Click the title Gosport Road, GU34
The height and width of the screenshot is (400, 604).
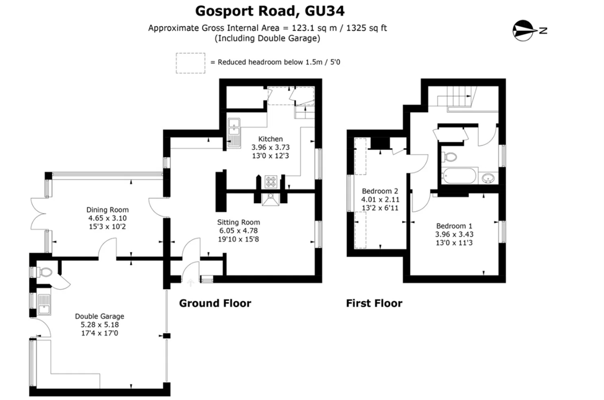click(269, 11)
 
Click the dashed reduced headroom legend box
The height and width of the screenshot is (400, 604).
click(190, 63)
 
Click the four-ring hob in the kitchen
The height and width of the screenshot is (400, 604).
click(271, 181)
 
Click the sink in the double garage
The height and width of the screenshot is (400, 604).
click(43, 304)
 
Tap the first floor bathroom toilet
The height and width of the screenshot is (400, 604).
click(449, 156)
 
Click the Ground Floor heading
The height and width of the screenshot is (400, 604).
click(215, 303)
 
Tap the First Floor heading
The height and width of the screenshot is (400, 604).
click(374, 303)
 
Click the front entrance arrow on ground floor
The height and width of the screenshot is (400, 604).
click(191, 283)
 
